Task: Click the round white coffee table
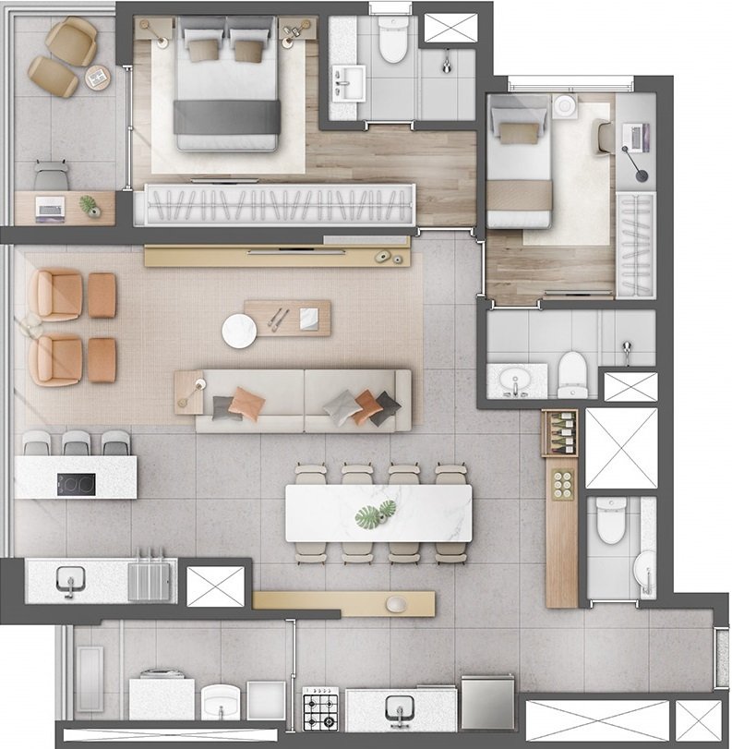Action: (x=239, y=331)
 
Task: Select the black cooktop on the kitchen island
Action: (x=76, y=483)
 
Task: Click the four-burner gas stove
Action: (x=321, y=708)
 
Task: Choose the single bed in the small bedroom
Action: (x=519, y=162)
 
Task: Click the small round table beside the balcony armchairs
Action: (x=98, y=79)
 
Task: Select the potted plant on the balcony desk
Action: (x=90, y=206)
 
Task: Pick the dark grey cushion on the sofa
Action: (x=385, y=407)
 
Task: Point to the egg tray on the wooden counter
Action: (x=561, y=484)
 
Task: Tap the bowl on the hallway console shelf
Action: (x=396, y=604)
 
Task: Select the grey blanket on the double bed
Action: (x=227, y=117)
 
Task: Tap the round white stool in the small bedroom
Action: (x=565, y=106)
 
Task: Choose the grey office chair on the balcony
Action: (x=52, y=175)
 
